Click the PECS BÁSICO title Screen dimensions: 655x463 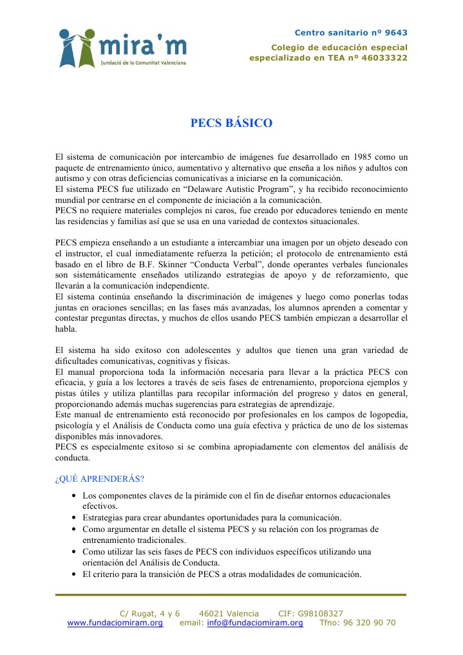(231, 123)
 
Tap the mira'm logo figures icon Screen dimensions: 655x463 (77, 49)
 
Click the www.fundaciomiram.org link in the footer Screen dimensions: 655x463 (115, 623)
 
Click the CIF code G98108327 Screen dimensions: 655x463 (321, 613)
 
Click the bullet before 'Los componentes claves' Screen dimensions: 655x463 (75, 496)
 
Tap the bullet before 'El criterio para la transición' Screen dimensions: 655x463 (75, 574)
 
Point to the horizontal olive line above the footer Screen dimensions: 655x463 (231, 594)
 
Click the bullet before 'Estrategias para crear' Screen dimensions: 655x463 (75, 518)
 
